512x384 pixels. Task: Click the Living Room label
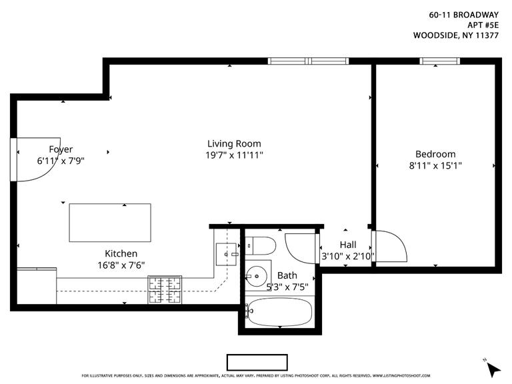click(x=234, y=143)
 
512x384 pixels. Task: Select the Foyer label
click(x=61, y=149)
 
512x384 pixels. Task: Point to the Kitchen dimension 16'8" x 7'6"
click(x=121, y=265)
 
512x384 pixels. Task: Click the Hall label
click(x=348, y=245)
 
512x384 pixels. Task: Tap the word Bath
click(x=287, y=275)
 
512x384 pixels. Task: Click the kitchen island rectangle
click(x=110, y=223)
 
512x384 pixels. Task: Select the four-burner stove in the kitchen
click(x=165, y=290)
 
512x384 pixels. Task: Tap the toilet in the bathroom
click(x=262, y=246)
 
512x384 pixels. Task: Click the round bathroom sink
click(x=255, y=275)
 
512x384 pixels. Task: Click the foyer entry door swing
click(x=33, y=160)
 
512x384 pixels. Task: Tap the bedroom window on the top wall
click(x=439, y=61)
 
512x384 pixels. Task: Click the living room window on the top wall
click(x=309, y=61)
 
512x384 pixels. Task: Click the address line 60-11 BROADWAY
click(x=463, y=13)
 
